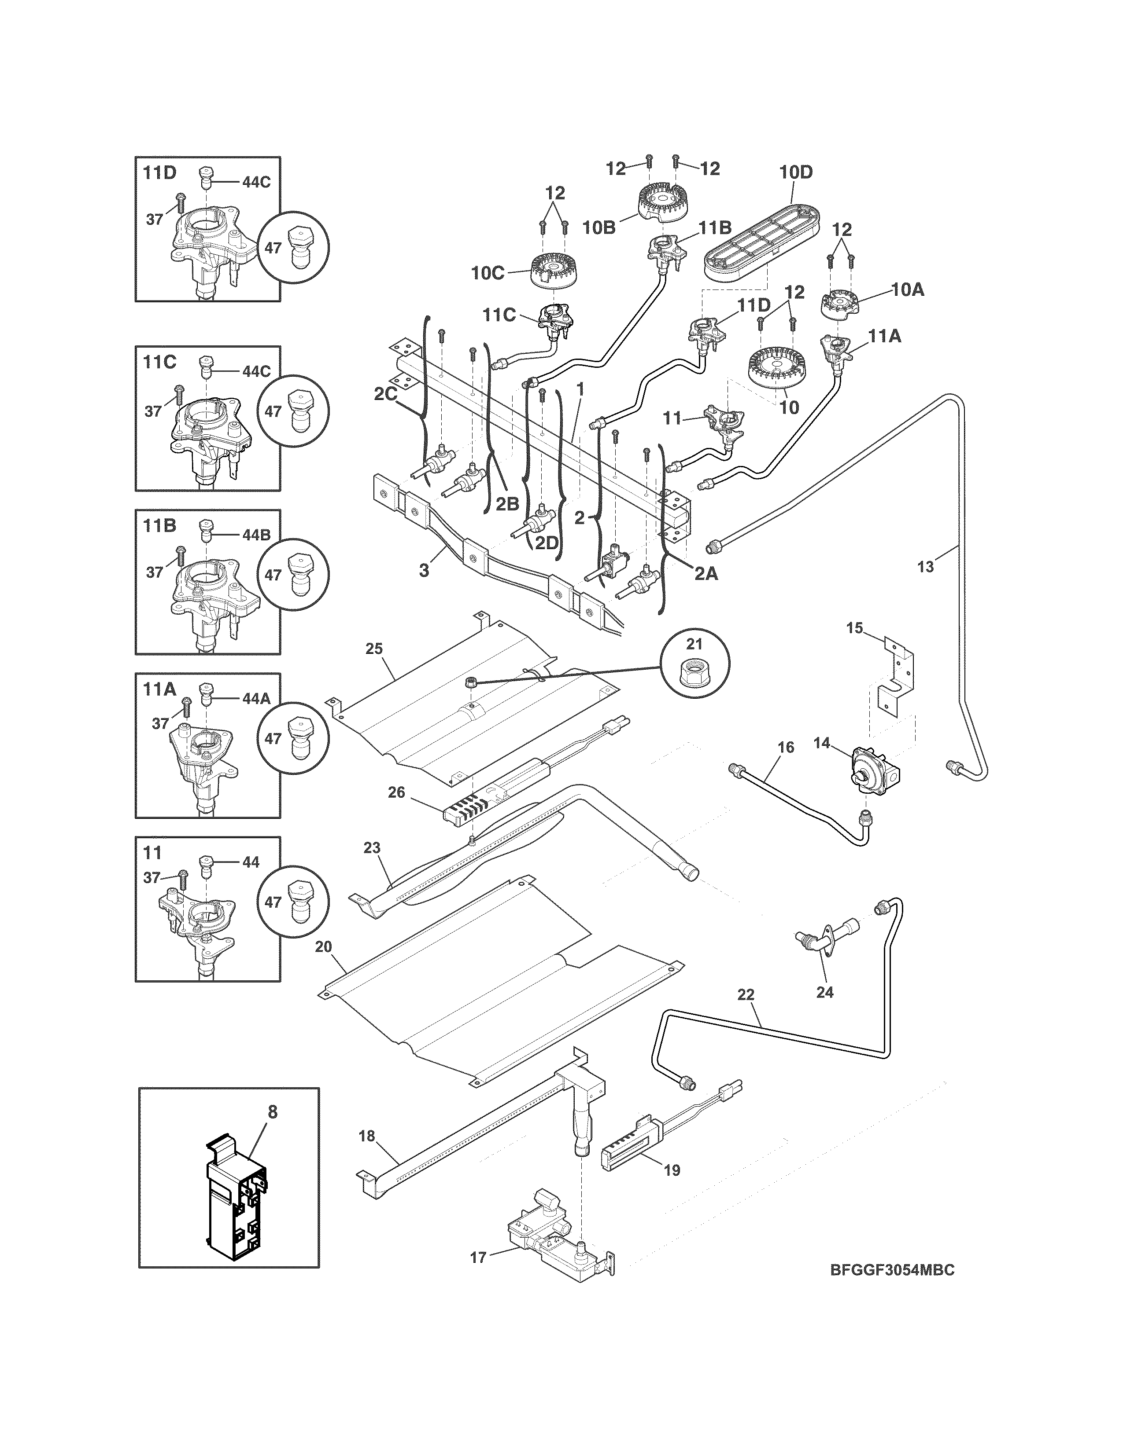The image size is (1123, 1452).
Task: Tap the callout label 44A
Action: tap(256, 698)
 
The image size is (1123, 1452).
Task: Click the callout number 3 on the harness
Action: tap(424, 570)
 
